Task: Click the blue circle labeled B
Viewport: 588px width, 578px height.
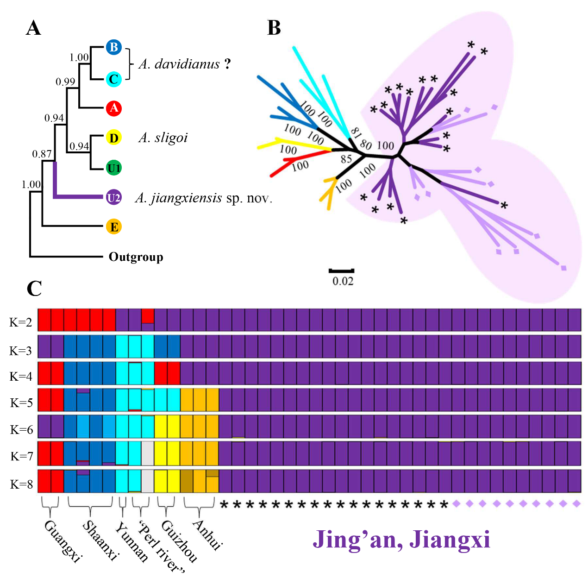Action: click(x=113, y=47)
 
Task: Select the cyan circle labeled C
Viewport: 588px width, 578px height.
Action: click(x=113, y=79)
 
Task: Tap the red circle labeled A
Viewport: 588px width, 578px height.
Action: click(x=113, y=108)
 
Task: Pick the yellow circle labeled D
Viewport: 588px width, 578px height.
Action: click(x=113, y=138)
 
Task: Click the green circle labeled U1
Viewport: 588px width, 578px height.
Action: click(x=113, y=168)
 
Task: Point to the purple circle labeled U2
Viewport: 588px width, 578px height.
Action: click(x=113, y=198)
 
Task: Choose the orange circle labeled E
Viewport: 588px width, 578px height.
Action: click(x=113, y=227)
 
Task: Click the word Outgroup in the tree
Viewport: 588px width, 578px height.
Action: click(x=136, y=257)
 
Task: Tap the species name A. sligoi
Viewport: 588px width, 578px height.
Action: click(x=163, y=138)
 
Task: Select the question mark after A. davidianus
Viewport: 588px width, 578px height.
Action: click(x=227, y=64)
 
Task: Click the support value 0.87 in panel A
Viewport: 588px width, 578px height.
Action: click(x=42, y=154)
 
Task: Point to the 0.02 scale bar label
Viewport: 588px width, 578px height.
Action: click(x=343, y=281)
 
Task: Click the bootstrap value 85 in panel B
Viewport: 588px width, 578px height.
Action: click(x=346, y=159)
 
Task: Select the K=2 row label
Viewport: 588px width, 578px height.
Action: click(x=21, y=322)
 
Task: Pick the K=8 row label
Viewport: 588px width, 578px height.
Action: click(x=21, y=484)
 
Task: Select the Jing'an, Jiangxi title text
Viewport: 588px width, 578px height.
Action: click(x=401, y=540)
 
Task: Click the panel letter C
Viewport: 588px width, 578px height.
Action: click(x=34, y=289)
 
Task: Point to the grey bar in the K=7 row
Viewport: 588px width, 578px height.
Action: click(x=148, y=453)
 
